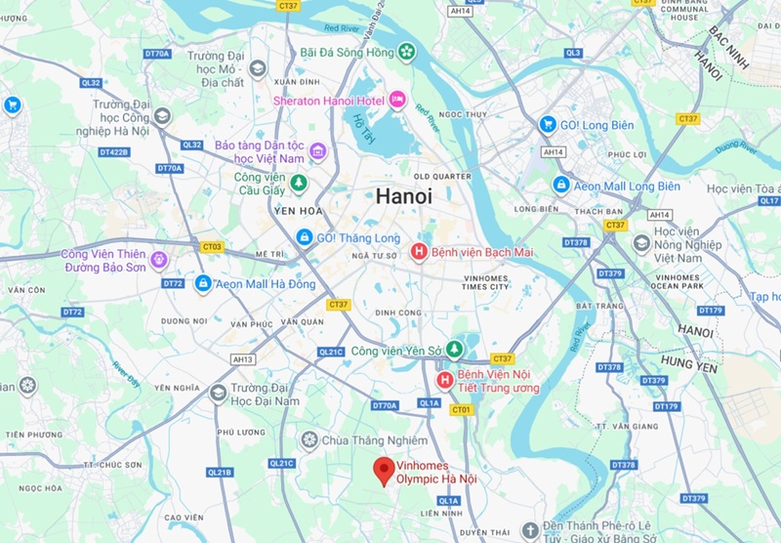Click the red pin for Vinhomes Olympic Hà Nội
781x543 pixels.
385,470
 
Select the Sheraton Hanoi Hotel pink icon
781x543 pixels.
397,99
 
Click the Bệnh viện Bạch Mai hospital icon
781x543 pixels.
419,253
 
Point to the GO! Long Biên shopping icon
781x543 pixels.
548,125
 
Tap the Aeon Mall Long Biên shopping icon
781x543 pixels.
560,184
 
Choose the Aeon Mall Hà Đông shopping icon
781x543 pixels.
202,283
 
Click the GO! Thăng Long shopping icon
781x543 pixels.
305,237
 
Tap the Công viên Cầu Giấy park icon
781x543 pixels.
300,183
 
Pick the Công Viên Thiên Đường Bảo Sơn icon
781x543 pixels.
159,259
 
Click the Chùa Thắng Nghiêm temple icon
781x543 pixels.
309,439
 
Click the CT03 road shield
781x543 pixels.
212,247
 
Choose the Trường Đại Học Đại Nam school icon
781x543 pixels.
218,393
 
